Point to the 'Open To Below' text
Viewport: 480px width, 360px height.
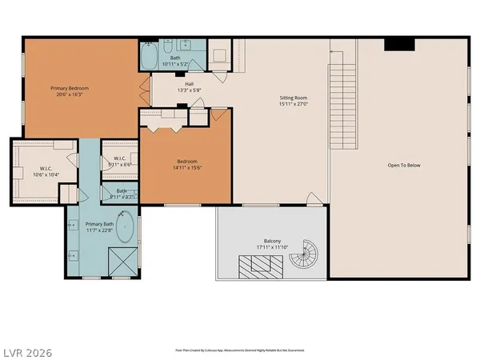[404, 166]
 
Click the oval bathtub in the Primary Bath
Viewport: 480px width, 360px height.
[126, 226]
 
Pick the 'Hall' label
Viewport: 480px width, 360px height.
[189, 83]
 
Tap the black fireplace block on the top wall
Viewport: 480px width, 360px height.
[395, 45]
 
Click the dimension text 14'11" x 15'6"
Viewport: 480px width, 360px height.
[185, 168]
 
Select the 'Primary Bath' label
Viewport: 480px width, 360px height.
[101, 225]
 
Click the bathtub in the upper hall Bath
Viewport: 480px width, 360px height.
[150, 58]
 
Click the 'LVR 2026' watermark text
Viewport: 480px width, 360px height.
[27, 350]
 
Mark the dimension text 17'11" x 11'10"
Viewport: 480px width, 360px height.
[273, 248]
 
